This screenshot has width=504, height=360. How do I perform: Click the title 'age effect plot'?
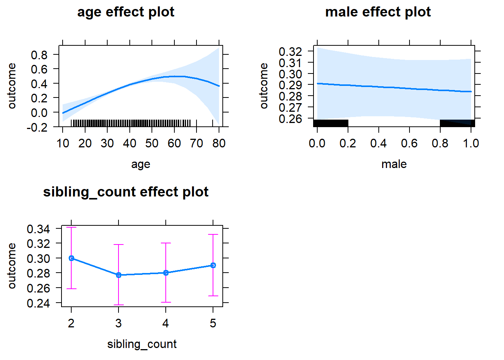pyautogui.click(x=126, y=12)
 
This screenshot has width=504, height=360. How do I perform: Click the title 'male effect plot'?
pyautogui.click(x=378, y=12)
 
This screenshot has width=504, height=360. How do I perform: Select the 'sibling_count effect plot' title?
pyautogui.click(x=126, y=192)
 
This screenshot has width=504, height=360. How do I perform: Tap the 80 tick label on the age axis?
pyautogui.click(x=219, y=143)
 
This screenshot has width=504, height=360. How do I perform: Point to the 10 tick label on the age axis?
pyautogui.click(x=63, y=143)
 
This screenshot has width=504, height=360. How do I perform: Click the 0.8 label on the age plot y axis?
pyautogui.click(x=39, y=55)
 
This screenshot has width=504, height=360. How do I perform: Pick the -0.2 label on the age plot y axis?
pyautogui.click(x=37, y=127)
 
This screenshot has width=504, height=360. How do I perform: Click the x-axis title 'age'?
pyautogui.click(x=141, y=164)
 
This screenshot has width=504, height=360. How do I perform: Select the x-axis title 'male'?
pyautogui.click(x=394, y=164)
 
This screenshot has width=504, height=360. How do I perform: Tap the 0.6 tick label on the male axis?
pyautogui.click(x=409, y=143)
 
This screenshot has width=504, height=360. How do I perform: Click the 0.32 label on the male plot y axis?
pyautogui.click(x=290, y=51)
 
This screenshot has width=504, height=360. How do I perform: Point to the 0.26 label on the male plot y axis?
pyautogui.click(x=290, y=119)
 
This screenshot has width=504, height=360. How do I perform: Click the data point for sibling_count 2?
pyautogui.click(x=71, y=258)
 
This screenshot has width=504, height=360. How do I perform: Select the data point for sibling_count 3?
pyautogui.click(x=118, y=275)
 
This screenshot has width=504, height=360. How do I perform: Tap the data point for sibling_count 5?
pyautogui.click(x=213, y=265)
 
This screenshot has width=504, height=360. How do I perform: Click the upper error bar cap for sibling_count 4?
pyautogui.click(x=166, y=243)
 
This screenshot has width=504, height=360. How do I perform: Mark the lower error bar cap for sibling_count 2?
pyautogui.click(x=71, y=289)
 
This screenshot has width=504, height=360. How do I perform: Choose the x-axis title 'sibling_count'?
pyautogui.click(x=142, y=344)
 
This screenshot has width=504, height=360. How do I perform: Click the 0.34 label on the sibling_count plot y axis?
pyautogui.click(x=38, y=229)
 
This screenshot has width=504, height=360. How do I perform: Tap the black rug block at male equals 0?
pyautogui.click(x=330, y=123)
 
